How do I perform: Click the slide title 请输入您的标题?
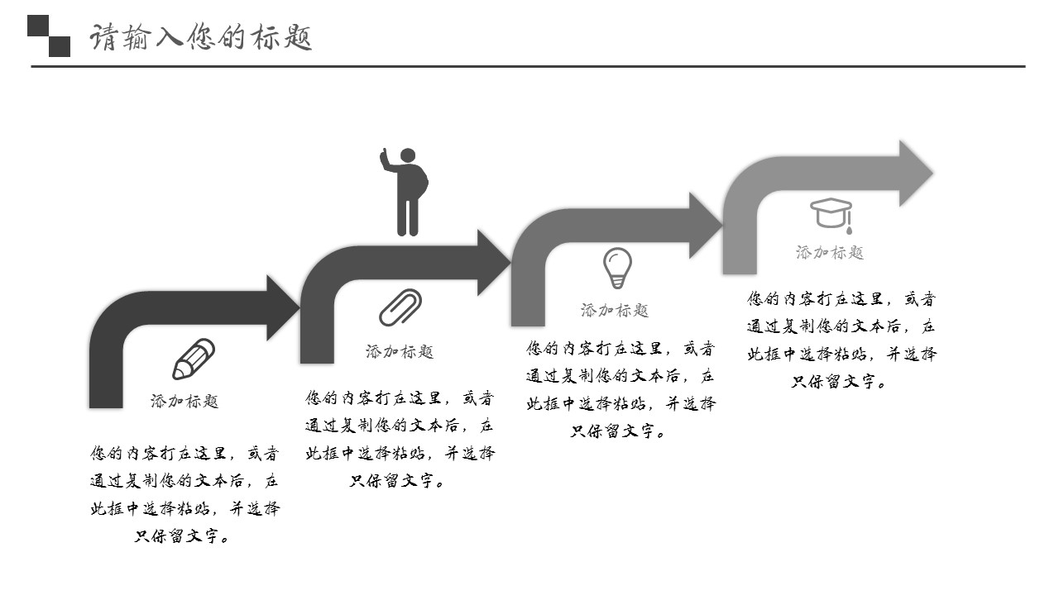(x=201, y=38)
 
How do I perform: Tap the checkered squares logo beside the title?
(x=49, y=36)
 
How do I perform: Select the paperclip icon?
(x=400, y=307)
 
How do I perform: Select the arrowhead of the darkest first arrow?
(x=282, y=307)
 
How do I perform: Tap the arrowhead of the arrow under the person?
(x=494, y=263)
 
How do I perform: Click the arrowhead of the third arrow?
(x=706, y=225)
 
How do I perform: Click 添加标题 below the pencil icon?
(x=184, y=402)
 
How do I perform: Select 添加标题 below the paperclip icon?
(x=400, y=352)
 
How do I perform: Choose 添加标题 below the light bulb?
(x=615, y=311)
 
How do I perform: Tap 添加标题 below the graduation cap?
(x=830, y=253)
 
